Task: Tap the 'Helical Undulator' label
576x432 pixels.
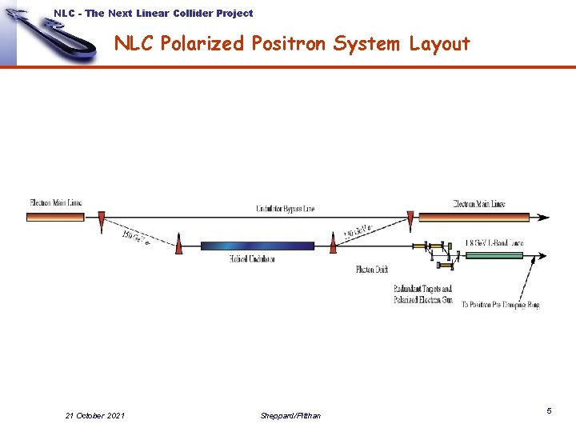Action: pyautogui.click(x=251, y=259)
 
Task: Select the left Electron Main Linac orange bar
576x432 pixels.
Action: pyautogui.click(x=55, y=216)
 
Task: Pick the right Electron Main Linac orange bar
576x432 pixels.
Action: pyautogui.click(x=474, y=216)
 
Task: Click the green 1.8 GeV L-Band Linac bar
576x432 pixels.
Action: pyautogui.click(x=494, y=256)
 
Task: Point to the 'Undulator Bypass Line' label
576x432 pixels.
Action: pyautogui.click(x=285, y=209)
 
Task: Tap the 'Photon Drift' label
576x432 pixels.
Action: pyautogui.click(x=372, y=270)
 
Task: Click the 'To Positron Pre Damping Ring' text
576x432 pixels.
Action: pyautogui.click(x=501, y=305)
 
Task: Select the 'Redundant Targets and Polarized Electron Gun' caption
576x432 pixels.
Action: pyautogui.click(x=422, y=294)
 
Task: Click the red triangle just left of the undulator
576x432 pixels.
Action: pyautogui.click(x=178, y=244)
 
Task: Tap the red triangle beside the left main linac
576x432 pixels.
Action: pyautogui.click(x=101, y=219)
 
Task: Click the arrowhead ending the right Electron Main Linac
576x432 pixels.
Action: pyautogui.click(x=544, y=216)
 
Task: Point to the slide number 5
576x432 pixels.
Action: pyautogui.click(x=549, y=410)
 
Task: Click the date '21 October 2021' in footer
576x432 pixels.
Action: pyautogui.click(x=94, y=415)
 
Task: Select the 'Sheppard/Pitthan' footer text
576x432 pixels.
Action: pyautogui.click(x=290, y=415)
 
